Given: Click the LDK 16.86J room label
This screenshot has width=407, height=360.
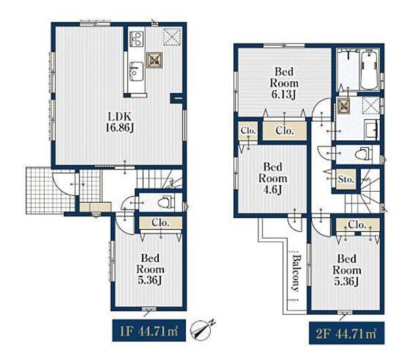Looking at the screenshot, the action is [119, 122].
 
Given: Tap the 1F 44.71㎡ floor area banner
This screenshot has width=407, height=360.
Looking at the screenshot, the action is [149, 330].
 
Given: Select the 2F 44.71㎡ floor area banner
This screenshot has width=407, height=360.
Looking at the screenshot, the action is [347, 333].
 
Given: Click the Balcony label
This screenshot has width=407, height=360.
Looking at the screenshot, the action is [295, 273].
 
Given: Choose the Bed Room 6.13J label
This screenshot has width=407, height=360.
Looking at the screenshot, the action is [284, 83].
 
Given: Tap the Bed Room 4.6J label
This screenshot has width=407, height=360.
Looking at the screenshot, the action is [273, 178].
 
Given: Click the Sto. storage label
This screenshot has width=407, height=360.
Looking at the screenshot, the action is [346, 179].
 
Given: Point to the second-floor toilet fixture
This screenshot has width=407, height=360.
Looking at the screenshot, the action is [364, 153].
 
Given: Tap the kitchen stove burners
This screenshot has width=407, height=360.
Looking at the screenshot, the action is [136, 39].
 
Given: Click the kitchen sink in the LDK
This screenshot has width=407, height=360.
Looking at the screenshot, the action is [136, 71].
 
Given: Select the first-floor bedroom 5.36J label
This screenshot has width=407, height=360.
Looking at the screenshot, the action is [151, 269].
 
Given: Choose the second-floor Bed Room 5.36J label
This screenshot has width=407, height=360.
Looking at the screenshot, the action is [347, 270].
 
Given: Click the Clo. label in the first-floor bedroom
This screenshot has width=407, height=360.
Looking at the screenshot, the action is [160, 222].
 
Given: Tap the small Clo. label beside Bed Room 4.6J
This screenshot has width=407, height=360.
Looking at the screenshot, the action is [248, 130].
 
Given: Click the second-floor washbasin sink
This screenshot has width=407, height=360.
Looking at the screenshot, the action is [372, 129].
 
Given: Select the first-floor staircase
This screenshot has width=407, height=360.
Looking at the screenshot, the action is [159, 180].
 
